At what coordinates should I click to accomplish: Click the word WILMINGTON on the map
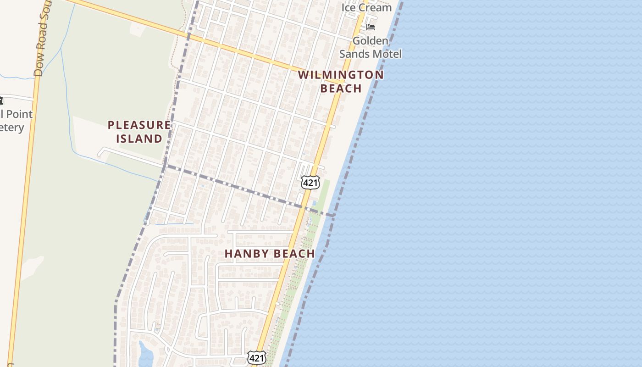(341, 74)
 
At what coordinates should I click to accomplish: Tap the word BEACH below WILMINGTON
(341, 88)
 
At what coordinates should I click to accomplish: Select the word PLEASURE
(139, 125)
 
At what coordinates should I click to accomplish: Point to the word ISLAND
(139, 139)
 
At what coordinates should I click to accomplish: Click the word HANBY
(247, 254)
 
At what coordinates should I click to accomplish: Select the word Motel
(387, 54)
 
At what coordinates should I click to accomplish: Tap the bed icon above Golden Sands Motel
(371, 27)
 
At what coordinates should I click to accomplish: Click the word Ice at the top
(349, 7)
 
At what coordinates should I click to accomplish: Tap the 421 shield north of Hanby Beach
(310, 183)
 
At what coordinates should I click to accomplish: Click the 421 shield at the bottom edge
(257, 357)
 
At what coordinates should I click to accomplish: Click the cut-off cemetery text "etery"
(11, 127)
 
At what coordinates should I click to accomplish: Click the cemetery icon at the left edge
(1, 100)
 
